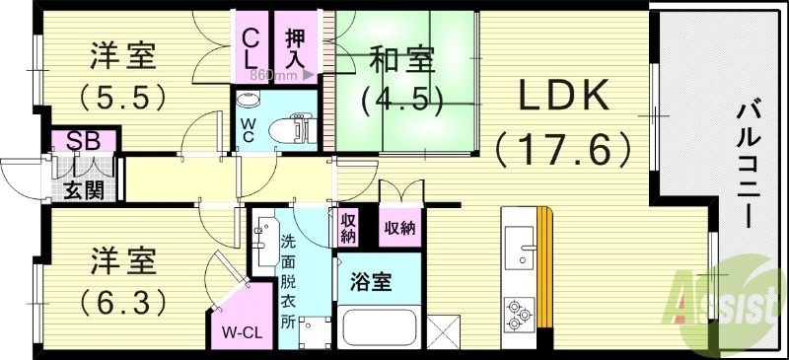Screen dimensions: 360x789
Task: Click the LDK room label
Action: point(565,97)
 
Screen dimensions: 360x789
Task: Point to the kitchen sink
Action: point(516,248)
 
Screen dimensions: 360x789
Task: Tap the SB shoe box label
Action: point(83,139)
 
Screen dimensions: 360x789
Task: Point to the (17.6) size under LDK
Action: point(564,148)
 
